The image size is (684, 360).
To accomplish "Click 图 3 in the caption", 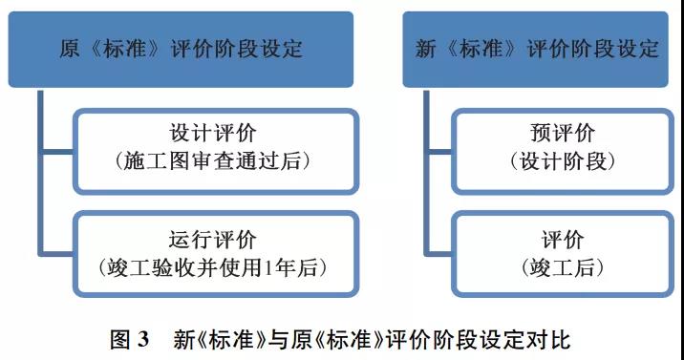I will [130, 339].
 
